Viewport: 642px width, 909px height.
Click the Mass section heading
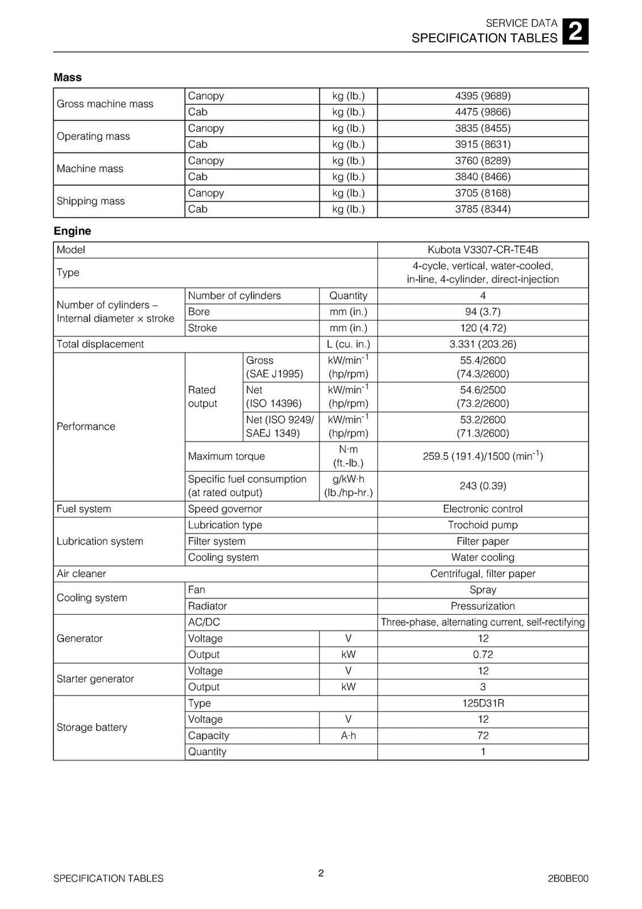pyautogui.click(x=68, y=78)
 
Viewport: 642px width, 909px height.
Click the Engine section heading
pyautogui.click(x=72, y=231)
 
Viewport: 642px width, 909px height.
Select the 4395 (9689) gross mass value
pyautogui.click(x=483, y=96)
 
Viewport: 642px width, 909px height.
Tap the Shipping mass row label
pyautogui.click(x=91, y=201)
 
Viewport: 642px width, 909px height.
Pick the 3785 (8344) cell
pyautogui.click(x=483, y=210)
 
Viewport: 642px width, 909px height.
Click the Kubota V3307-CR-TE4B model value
pyautogui.click(x=483, y=250)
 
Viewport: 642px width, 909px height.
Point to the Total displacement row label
pyautogui.click(x=100, y=344)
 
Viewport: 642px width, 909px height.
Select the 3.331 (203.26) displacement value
pyautogui.click(x=483, y=344)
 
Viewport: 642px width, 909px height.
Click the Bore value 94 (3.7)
pyautogui.click(x=483, y=312)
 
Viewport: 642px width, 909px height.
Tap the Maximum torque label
pyautogui.click(x=226, y=457)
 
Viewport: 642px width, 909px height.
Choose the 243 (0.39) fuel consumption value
pyautogui.click(x=483, y=486)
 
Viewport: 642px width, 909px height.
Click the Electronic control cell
pyautogui.click(x=483, y=509)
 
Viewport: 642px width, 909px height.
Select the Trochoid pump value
pyautogui.click(x=483, y=526)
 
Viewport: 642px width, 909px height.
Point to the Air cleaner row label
pyautogui.click(x=82, y=574)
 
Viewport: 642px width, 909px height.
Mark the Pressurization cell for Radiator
pyautogui.click(x=483, y=607)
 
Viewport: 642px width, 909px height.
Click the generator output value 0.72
pyautogui.click(x=483, y=655)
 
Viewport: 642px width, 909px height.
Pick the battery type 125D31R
pyautogui.click(x=483, y=703)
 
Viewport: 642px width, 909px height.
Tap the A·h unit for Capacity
pyautogui.click(x=349, y=736)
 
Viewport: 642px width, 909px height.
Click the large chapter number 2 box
pyautogui.click(x=576, y=32)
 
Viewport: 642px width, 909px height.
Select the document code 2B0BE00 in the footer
pyautogui.click(x=568, y=879)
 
